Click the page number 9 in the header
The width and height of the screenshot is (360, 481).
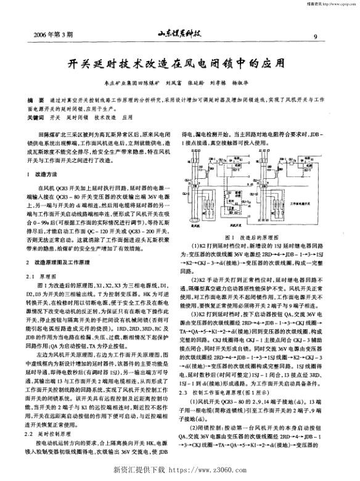[315, 36]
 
